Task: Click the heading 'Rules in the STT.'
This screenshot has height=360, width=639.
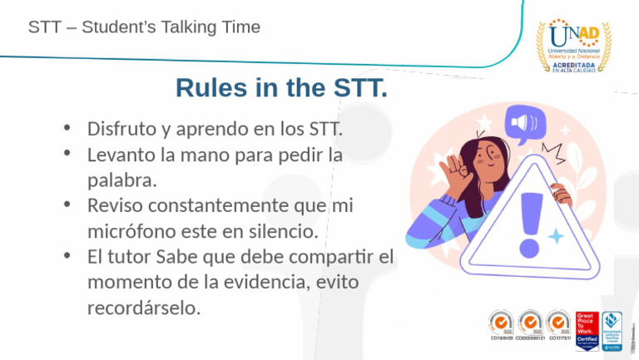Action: pyautogui.click(x=281, y=87)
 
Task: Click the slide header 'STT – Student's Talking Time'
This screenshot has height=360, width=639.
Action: pyautogui.click(x=144, y=27)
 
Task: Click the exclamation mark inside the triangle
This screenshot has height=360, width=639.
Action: pyautogui.click(x=528, y=222)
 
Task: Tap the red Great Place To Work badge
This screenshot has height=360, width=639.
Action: pyautogui.click(x=587, y=330)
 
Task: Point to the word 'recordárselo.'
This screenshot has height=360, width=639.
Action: pyautogui.click(x=144, y=308)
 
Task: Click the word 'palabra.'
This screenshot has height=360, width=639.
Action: pyautogui.click(x=122, y=180)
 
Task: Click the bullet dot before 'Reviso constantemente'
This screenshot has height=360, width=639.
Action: pyautogui.click(x=67, y=205)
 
